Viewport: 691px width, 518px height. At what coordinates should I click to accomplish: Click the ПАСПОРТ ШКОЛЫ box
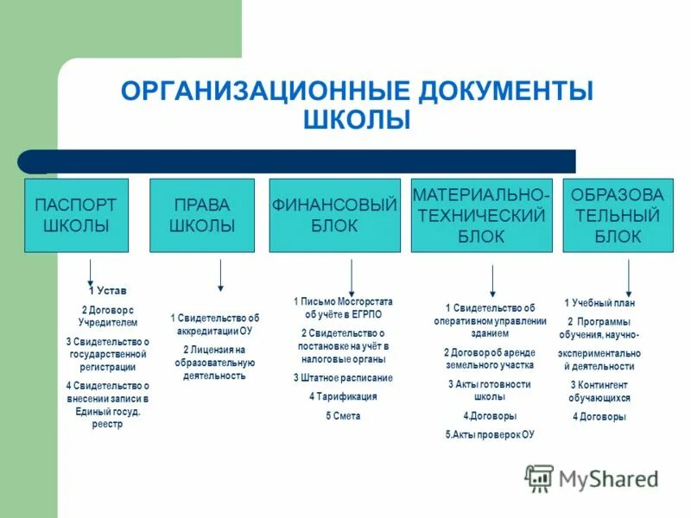click(x=76, y=215)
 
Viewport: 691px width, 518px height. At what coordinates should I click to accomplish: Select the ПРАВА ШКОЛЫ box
click(x=202, y=215)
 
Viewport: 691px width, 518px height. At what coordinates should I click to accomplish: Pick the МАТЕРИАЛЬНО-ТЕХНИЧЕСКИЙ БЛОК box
click(x=481, y=215)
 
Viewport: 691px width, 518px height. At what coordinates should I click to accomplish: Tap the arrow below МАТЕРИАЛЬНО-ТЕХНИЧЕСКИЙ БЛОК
click(x=492, y=281)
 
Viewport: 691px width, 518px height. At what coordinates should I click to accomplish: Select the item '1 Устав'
click(x=107, y=291)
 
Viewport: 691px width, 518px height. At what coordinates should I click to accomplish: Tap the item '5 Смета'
click(x=343, y=415)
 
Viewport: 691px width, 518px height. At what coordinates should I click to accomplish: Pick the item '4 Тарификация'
click(x=343, y=396)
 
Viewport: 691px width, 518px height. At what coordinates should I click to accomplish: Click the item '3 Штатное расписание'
click(x=343, y=377)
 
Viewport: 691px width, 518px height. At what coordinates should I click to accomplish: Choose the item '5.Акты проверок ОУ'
click(x=490, y=434)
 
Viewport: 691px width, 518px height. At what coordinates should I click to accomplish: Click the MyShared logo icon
click(x=539, y=477)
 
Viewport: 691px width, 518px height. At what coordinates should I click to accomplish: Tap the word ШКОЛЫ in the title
click(x=357, y=119)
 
